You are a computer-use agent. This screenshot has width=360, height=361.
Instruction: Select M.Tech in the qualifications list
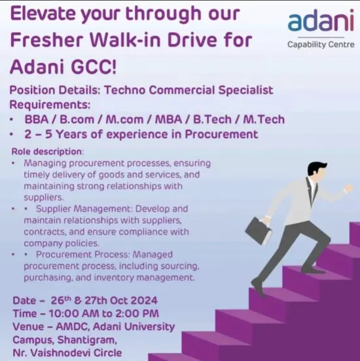pyautogui.click(x=262, y=119)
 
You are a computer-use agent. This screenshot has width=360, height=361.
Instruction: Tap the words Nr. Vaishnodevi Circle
pyautogui.click(x=67, y=352)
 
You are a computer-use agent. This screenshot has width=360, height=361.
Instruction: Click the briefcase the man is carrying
pyautogui.click(x=259, y=230)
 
